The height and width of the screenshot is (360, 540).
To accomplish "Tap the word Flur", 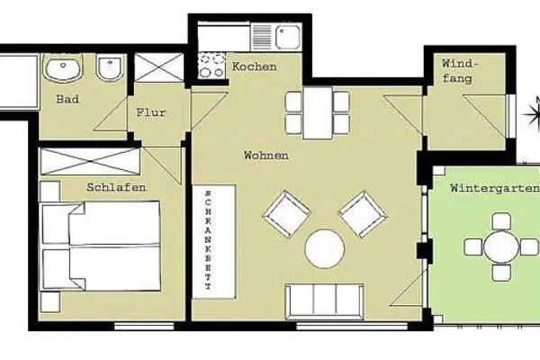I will click(149, 113).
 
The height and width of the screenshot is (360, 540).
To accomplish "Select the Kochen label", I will click(254, 68).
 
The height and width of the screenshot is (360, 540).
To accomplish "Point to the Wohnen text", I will click(266, 156).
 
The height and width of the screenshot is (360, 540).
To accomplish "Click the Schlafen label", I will click(116, 187).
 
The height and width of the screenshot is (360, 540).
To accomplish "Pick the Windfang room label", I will click(461, 72).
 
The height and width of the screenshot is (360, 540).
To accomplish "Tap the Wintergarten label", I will click(494, 188).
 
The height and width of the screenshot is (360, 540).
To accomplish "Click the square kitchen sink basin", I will click(289, 38).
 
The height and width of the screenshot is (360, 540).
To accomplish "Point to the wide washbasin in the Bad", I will click(65, 68).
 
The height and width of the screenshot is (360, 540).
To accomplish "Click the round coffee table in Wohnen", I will click(325, 249).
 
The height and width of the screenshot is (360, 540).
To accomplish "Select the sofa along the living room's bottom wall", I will click(324, 301).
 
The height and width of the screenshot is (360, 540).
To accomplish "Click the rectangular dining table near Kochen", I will click(317, 112).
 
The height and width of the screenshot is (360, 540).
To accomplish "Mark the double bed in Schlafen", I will click(101, 245).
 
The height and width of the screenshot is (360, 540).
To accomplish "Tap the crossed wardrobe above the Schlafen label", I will click(90, 162).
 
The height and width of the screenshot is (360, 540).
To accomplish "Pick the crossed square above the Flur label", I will click(157, 70).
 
